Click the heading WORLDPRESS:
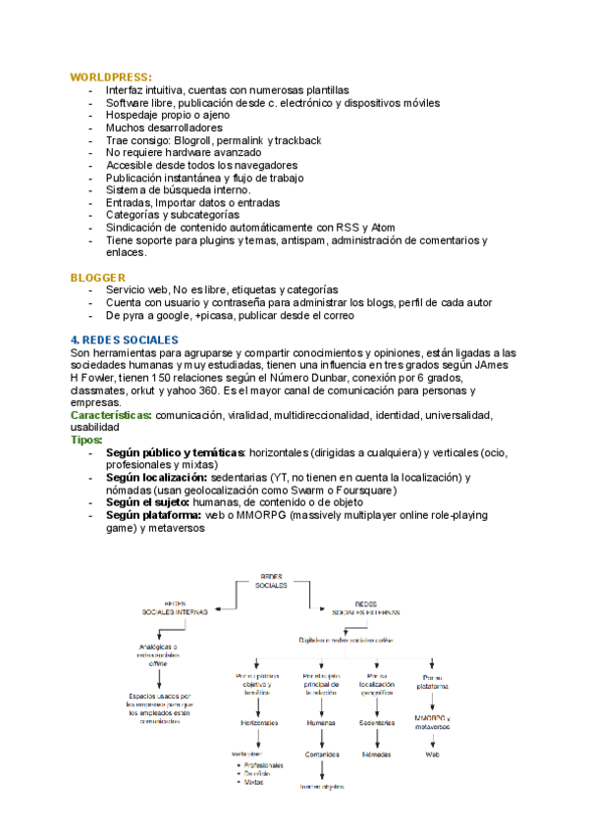coord(110,76)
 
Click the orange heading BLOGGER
coord(97,278)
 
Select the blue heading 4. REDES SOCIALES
coord(121,339)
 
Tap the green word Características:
coord(111,415)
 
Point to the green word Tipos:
coord(86,440)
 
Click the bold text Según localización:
coord(154,477)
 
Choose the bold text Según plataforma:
coord(151,514)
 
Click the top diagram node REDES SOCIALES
coord(271,580)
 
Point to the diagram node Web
coord(432,754)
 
